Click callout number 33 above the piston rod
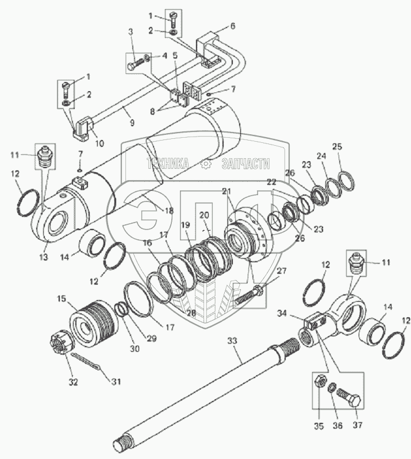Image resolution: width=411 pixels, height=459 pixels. click(x=232, y=341)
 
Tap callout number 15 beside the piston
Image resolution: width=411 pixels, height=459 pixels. click(x=62, y=298)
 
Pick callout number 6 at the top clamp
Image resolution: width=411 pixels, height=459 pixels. click(x=232, y=26)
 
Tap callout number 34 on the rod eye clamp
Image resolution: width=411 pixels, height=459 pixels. click(x=282, y=313)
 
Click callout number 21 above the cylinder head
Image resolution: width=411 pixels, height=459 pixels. click(x=228, y=190)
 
